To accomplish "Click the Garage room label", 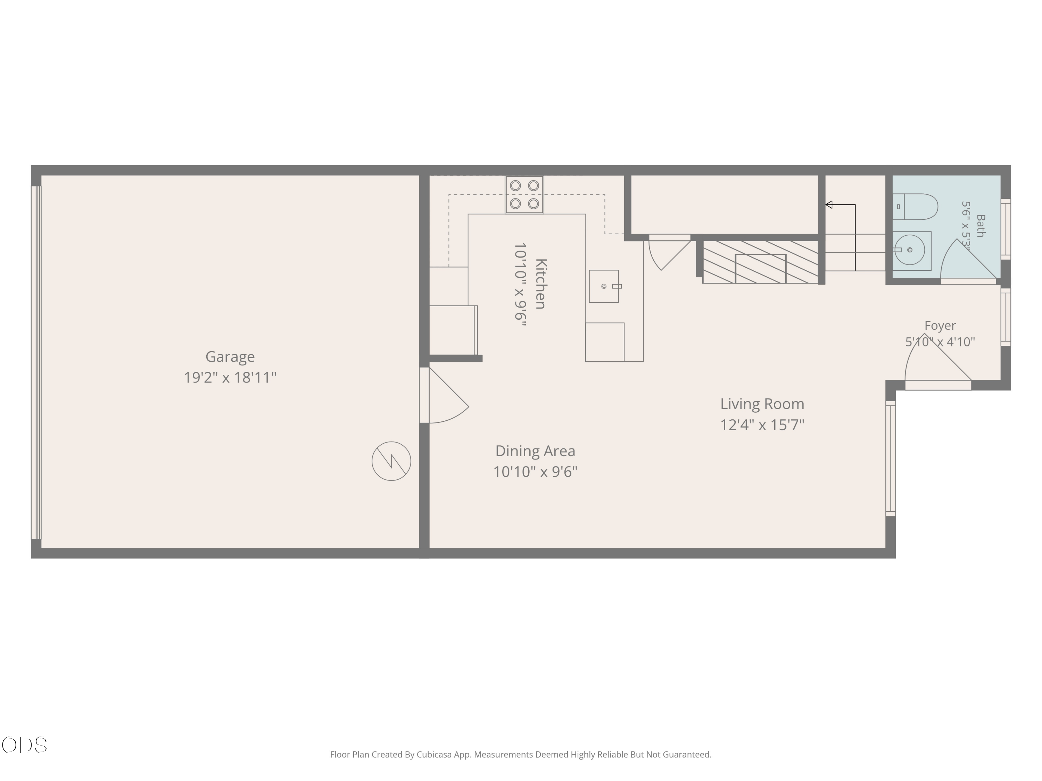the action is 230,357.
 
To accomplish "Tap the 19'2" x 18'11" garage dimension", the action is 230,378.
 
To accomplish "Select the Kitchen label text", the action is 541,284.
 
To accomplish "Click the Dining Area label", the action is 535,451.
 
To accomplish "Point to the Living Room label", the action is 762,404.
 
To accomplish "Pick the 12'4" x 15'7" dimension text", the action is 762,425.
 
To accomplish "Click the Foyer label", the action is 940,326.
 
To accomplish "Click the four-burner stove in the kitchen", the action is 524,195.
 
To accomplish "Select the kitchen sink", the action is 604,286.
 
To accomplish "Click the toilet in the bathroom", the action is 915,207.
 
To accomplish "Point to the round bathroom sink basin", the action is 910,250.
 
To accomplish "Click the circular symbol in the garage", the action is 391,461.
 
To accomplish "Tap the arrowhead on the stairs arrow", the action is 829,205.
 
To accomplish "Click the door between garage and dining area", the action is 444,395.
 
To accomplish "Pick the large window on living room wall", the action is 890,459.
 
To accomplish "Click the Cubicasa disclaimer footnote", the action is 521,755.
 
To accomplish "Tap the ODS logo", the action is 25,745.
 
